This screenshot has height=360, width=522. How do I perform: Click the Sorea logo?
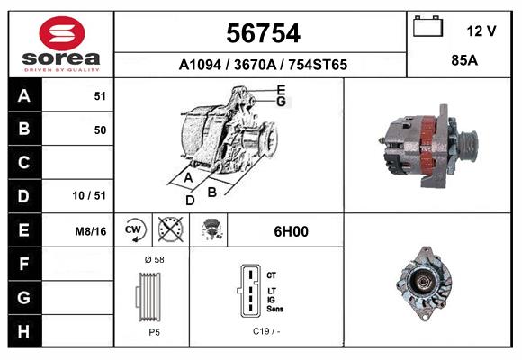(61, 43)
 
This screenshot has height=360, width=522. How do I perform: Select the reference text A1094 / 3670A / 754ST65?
(263, 65)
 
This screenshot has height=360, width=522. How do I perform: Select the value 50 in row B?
(99, 130)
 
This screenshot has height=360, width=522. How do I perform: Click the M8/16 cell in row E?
(91, 231)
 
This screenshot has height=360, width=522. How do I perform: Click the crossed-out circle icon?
(169, 230)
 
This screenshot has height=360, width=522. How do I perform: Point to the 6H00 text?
(291, 231)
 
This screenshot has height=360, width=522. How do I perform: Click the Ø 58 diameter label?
(153, 259)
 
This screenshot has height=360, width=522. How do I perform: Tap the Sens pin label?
(276, 310)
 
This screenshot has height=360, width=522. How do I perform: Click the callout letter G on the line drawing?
(281, 102)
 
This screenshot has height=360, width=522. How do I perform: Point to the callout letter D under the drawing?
(190, 200)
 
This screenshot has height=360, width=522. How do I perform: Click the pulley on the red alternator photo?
(467, 144)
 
